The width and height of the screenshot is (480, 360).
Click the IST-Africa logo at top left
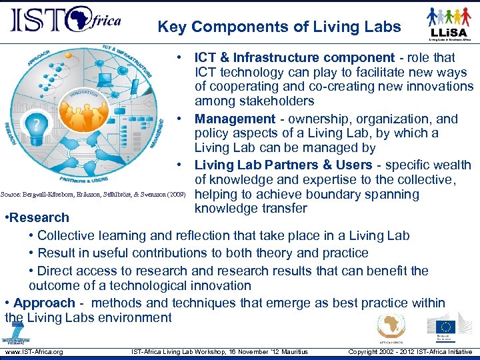click(x=65, y=21)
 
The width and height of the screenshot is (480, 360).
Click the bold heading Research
click(x=38, y=217)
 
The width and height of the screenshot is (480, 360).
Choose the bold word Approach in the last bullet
click(x=44, y=303)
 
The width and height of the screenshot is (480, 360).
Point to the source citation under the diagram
click(x=93, y=195)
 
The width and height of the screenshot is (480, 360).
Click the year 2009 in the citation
click(x=176, y=195)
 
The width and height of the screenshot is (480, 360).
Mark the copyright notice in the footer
click(x=410, y=352)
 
